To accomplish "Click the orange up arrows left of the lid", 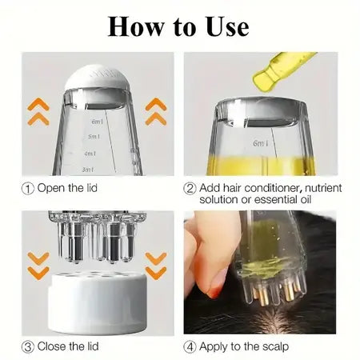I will [38, 111].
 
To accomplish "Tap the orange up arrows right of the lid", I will [155, 111].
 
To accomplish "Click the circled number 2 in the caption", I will [190, 188].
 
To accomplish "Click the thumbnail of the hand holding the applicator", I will [258, 272].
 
